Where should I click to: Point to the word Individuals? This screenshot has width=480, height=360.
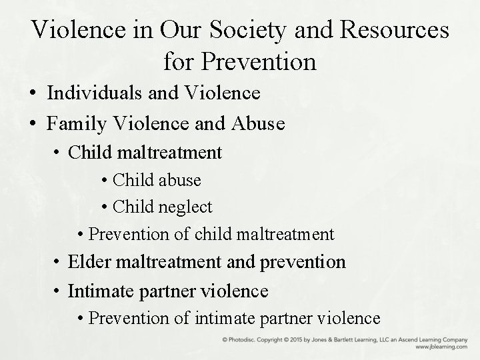coord(96,93)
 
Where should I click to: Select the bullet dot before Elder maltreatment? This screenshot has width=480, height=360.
coord(59,262)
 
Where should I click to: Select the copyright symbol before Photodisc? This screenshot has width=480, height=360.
coord(225,340)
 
